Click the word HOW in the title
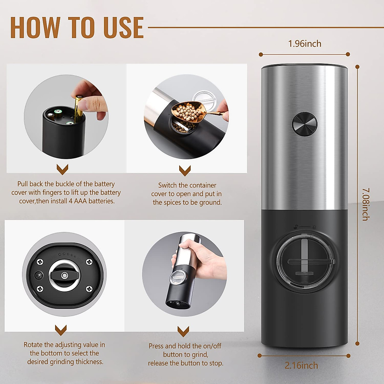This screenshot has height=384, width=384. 35,28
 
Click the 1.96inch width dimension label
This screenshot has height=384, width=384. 305,44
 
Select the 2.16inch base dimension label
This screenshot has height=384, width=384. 301,365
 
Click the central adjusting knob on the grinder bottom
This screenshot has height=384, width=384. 64,275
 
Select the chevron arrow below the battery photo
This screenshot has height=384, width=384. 62,169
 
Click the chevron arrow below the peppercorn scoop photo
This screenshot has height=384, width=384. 185,170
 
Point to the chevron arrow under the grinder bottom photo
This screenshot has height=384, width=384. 61,330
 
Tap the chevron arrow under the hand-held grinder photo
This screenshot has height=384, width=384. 183,331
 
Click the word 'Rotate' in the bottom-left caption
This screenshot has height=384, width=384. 33,345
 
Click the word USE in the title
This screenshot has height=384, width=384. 123,28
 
